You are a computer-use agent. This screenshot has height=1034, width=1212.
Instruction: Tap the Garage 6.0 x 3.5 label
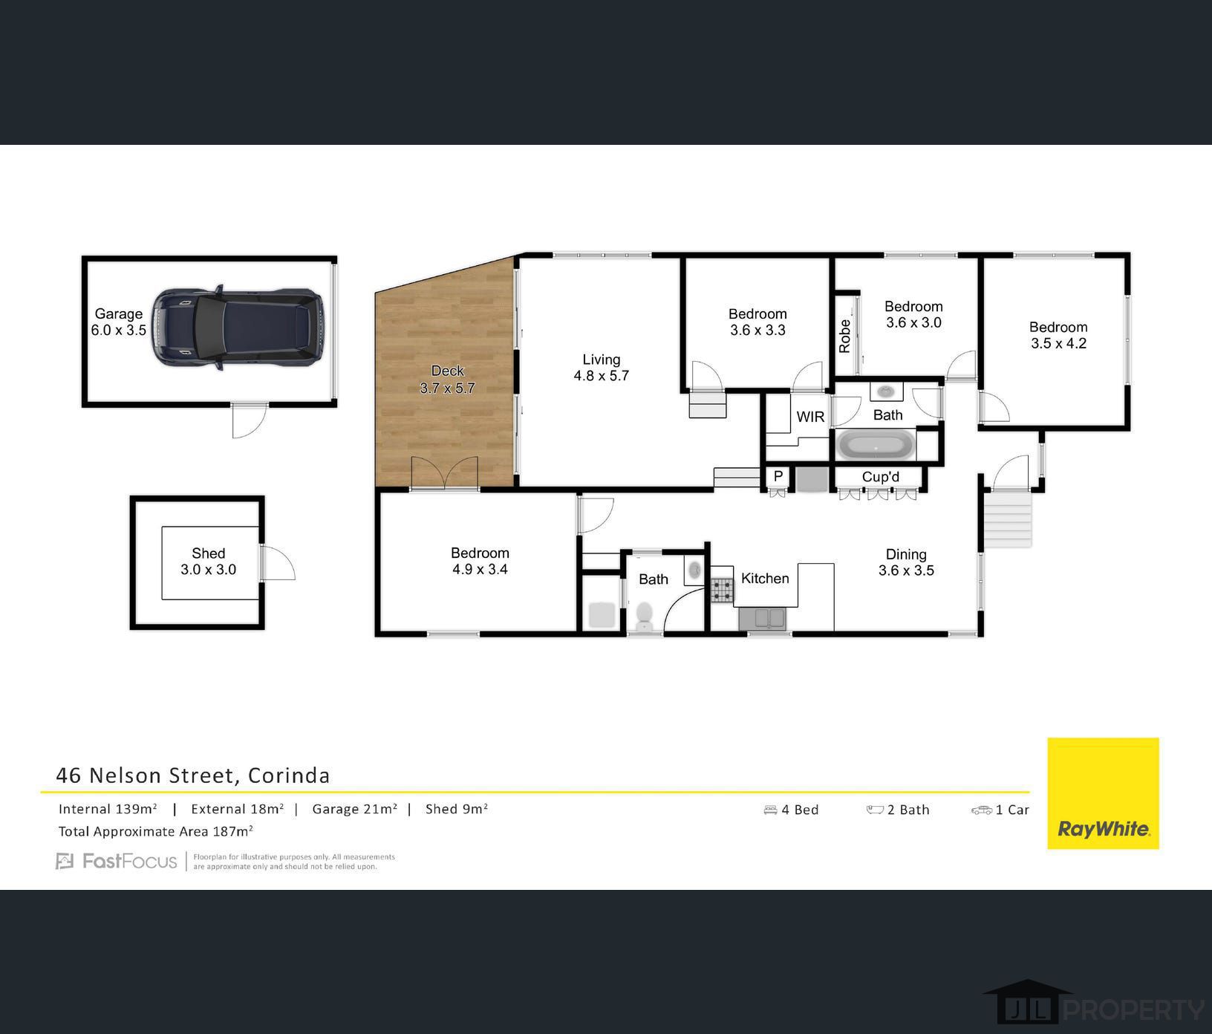coord(119,322)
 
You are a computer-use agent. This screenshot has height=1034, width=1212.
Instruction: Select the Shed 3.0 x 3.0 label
coord(208,562)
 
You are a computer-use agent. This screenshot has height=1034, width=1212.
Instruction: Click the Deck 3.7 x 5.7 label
coord(447,380)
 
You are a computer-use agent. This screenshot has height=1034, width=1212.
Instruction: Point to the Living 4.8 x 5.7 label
coord(601,368)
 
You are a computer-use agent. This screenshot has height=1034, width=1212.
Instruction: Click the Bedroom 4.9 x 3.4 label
coord(480,562)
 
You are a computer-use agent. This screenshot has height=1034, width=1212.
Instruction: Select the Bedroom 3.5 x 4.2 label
coord(1058,335)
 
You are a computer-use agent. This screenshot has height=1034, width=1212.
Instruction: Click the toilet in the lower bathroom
coord(644,616)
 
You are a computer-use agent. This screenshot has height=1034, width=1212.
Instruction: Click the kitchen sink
coord(763,617)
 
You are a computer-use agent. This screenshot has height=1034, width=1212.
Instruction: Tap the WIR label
coord(810,417)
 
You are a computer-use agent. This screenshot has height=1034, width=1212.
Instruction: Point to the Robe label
coord(844,336)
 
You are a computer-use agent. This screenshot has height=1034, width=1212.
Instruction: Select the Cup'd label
coord(881,477)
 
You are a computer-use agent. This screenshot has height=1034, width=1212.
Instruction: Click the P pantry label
coord(778,476)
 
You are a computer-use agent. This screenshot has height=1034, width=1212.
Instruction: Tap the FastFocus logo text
coord(129,862)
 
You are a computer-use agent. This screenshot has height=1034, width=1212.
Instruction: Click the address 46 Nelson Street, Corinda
coord(193,775)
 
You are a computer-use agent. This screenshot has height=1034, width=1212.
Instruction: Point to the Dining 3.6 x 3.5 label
coord(906,562)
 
